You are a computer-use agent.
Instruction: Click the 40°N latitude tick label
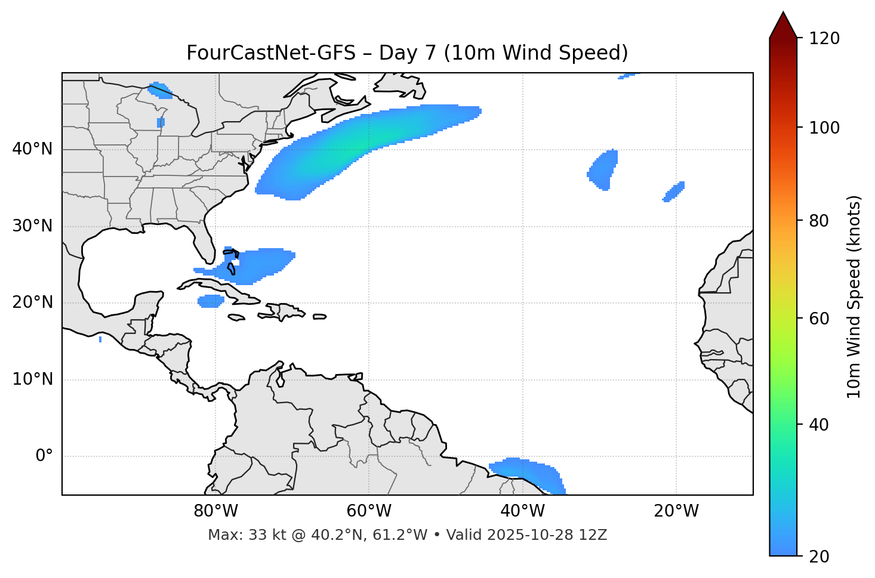(32, 149)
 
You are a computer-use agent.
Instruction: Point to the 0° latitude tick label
(44, 456)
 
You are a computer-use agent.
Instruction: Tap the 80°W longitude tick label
(215, 511)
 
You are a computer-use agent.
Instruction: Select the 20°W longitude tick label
(676, 511)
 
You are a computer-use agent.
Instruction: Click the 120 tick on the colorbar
(824, 39)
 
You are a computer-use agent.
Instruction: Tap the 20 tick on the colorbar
(819, 557)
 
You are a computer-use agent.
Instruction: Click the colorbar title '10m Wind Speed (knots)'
(854, 297)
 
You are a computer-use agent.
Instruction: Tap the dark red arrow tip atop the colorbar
(783, 24)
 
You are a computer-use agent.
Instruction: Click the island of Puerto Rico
(320, 317)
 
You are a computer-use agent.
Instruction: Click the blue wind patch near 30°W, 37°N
(603, 170)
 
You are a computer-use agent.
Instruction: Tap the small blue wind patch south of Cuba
(211, 301)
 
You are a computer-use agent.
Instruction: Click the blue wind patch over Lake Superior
(160, 90)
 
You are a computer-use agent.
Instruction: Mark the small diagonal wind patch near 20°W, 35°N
(674, 191)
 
